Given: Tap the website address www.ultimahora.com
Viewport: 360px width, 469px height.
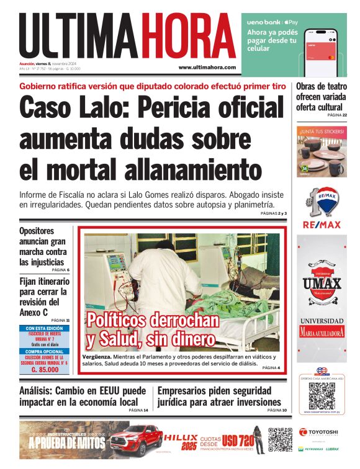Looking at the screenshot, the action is [x=207, y=67].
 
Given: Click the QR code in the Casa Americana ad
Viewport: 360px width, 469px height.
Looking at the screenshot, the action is [x=321, y=395].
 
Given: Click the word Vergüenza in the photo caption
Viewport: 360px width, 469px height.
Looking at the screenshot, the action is [x=99, y=359].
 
